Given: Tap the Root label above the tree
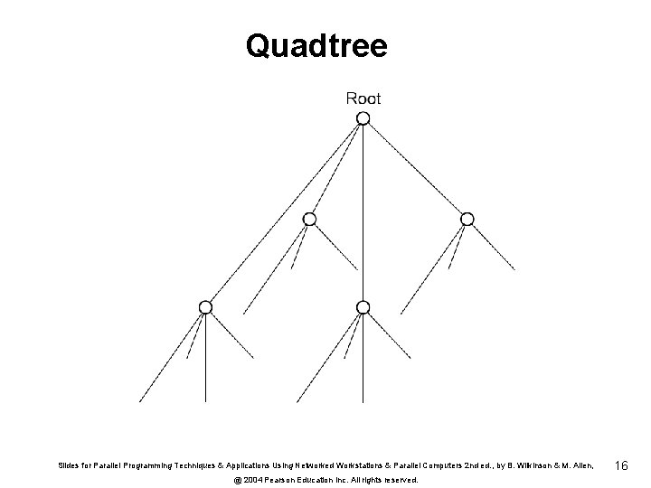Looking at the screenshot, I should pos(363,98).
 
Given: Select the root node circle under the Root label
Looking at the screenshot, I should pos(363,118).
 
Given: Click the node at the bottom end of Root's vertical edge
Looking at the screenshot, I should pos(363,307).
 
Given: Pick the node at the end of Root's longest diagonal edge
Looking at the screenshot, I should pos(206,307).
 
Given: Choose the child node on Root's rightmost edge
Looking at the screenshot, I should pos(467,219).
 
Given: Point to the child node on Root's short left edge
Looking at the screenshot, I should pos(309,219).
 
